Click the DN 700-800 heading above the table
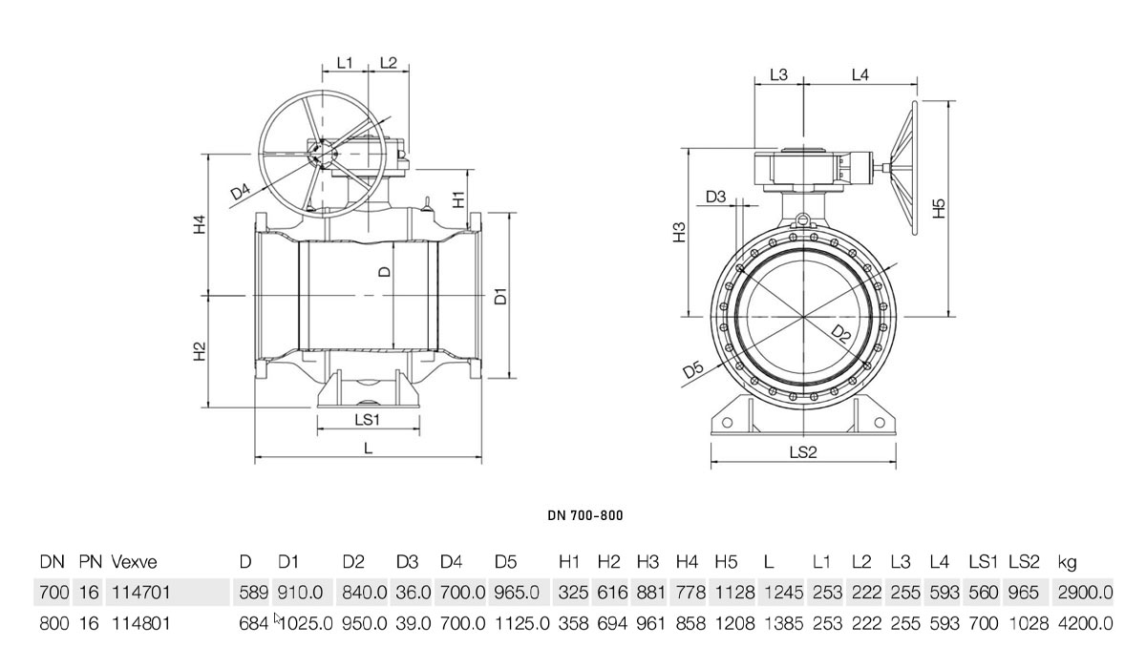tap(585, 515)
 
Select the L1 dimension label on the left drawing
tap(345, 63)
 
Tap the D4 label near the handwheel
tap(241, 192)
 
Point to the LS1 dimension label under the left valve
tap(368, 420)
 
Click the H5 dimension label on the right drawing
tap(940, 208)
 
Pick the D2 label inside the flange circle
tap(840, 334)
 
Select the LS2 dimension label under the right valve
tap(803, 451)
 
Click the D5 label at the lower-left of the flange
tap(693, 369)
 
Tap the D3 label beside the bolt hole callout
tap(715, 197)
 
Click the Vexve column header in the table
tap(134, 562)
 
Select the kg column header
tap(1068, 563)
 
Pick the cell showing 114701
tap(140, 593)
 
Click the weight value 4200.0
tap(1085, 623)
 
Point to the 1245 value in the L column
tap(784, 593)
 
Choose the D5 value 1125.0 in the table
tap(521, 623)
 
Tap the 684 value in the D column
tap(254, 623)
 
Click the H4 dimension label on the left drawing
tap(199, 225)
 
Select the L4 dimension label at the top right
tap(860, 75)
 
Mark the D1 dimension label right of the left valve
tap(500, 297)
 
